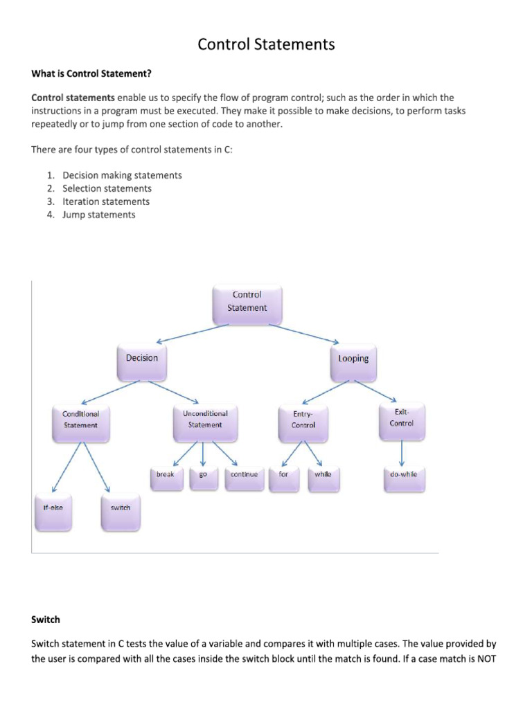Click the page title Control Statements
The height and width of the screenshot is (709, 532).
[x=266, y=45]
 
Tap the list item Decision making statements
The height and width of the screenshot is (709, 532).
[x=122, y=175]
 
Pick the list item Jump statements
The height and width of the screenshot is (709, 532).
[x=98, y=215]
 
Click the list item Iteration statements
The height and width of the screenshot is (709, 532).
[x=105, y=201]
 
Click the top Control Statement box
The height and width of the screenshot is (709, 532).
[x=247, y=303]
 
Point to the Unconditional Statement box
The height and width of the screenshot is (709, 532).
[x=204, y=420]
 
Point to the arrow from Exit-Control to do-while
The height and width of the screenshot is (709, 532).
[x=402, y=454]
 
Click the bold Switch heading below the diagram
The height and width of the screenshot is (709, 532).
[x=45, y=620]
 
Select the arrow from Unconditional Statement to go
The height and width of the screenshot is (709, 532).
[x=204, y=454]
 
